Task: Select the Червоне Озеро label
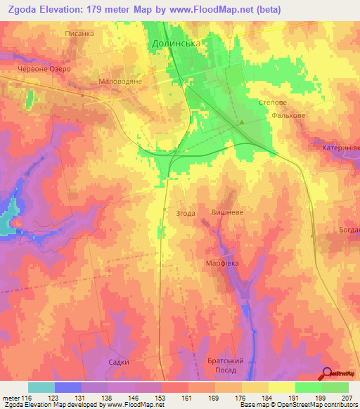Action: (41, 70)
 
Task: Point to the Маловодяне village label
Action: (120, 82)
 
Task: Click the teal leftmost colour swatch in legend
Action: (41, 387)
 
